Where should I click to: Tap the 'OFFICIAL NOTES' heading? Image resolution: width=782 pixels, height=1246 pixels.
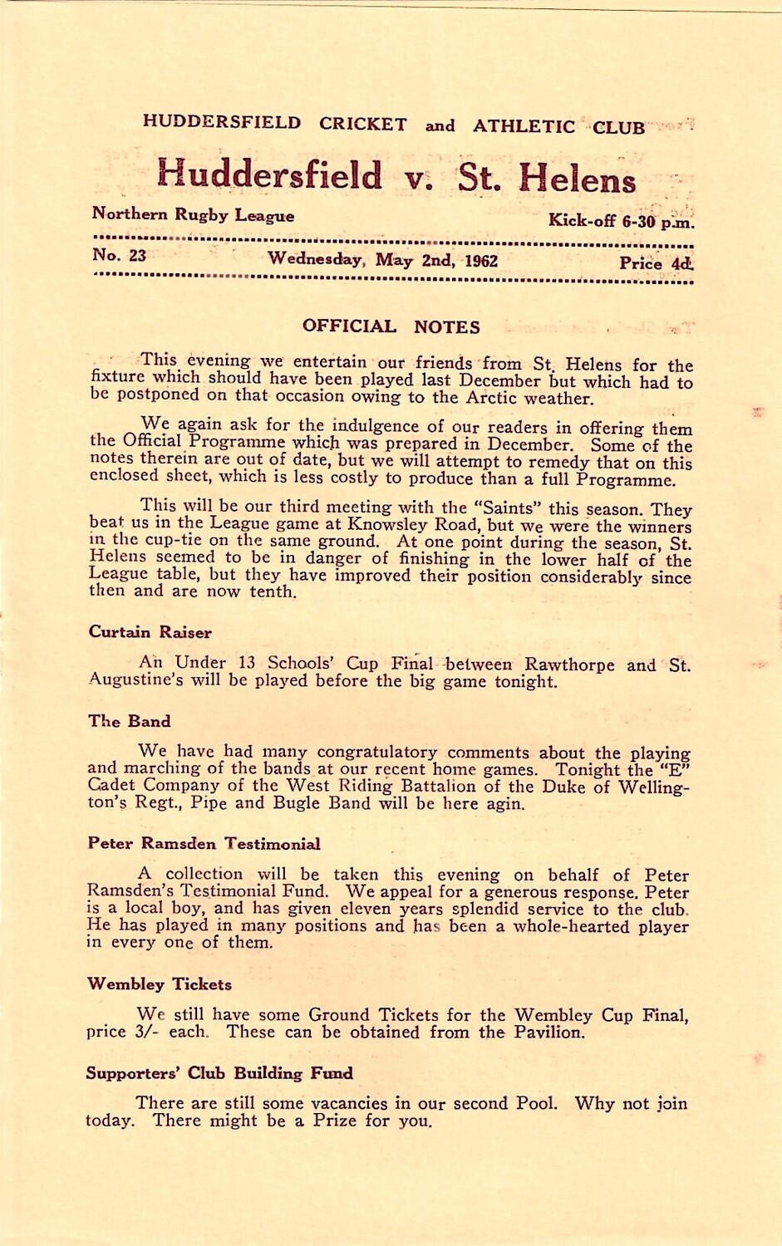point(391,326)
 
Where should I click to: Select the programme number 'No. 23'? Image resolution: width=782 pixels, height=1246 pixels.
point(119,256)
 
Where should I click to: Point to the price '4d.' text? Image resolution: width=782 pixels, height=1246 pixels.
point(681,264)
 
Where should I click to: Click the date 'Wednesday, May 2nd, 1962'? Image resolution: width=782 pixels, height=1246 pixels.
point(382,259)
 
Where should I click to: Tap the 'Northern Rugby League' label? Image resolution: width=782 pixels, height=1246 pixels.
point(193,215)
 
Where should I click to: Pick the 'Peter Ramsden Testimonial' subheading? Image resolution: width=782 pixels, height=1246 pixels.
point(204,844)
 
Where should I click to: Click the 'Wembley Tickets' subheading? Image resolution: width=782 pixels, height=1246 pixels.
point(160,984)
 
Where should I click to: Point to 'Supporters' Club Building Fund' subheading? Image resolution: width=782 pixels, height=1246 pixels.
point(219,1073)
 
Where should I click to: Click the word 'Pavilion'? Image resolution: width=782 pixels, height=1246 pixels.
point(546,1033)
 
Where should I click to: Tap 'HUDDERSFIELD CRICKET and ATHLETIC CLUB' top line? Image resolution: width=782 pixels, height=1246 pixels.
point(393,126)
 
